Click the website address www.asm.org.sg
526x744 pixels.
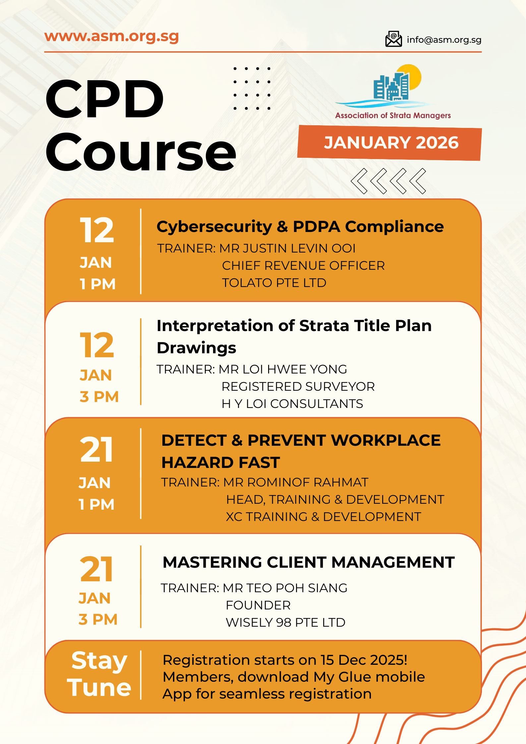tap(112, 36)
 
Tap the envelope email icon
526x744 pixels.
tap(393, 39)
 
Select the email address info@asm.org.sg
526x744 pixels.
tap(444, 40)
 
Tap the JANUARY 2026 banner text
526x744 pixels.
tap(391, 143)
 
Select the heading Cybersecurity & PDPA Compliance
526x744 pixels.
tap(300, 227)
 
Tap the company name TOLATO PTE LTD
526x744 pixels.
tap(274, 283)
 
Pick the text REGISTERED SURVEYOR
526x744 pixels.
tap(298, 386)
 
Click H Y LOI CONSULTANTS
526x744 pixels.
tap(292, 404)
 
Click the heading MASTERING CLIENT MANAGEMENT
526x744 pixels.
tap(309, 562)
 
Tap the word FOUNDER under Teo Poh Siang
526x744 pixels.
tap(258, 605)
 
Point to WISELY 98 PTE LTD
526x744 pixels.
tap(285, 622)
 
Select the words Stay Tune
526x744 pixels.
tap(99, 674)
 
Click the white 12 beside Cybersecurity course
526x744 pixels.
tap(97, 230)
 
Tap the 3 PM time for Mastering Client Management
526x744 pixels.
tap(98, 619)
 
